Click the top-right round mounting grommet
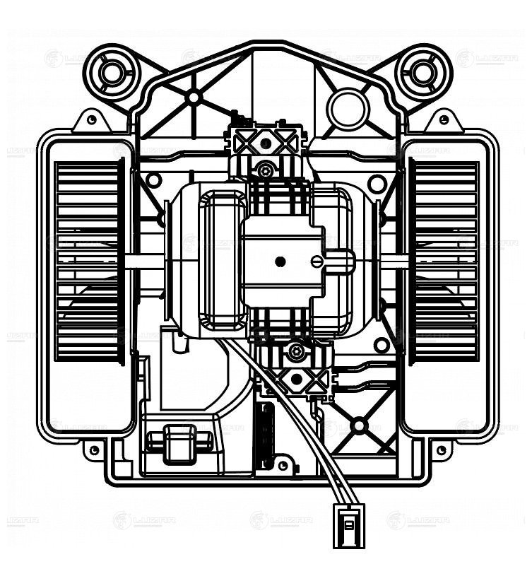(x=422, y=71)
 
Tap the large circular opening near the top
(x=348, y=108)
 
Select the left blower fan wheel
(x=90, y=261)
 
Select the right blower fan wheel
(x=444, y=261)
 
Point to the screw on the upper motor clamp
(x=266, y=170)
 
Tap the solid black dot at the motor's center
(x=280, y=262)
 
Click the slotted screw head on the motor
(x=317, y=262)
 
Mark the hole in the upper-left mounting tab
(x=90, y=121)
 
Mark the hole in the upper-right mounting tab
(x=443, y=121)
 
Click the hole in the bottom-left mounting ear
(x=93, y=449)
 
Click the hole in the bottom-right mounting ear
(x=440, y=449)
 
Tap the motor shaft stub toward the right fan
(x=392, y=261)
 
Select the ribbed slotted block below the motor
(x=265, y=435)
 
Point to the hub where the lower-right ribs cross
(x=359, y=425)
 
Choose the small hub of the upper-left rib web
(x=194, y=97)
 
